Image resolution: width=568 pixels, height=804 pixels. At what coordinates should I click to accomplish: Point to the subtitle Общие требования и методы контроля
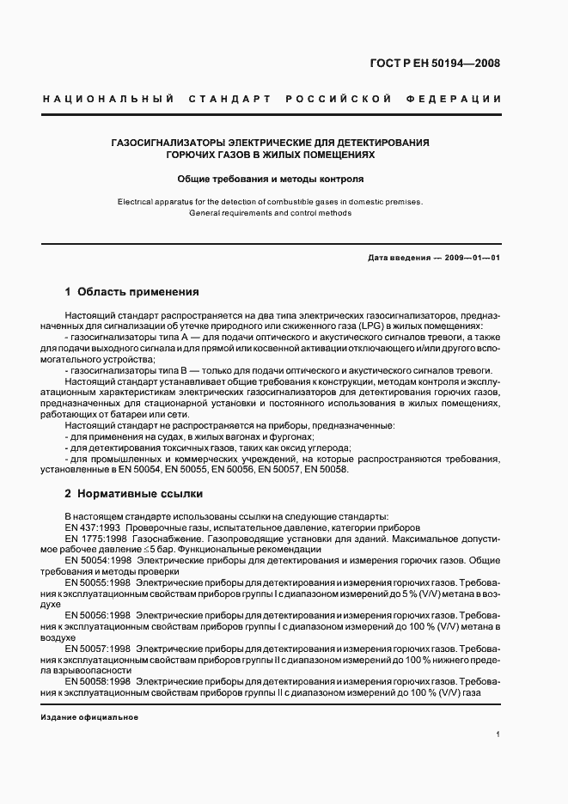click(x=271, y=180)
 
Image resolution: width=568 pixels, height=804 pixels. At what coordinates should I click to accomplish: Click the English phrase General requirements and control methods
click(x=271, y=212)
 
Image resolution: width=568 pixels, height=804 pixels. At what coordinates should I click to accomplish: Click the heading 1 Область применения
click(x=131, y=292)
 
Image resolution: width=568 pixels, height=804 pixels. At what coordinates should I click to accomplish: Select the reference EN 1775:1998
click(x=96, y=538)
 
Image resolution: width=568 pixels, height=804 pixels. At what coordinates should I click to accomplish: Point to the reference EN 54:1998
click(x=96, y=560)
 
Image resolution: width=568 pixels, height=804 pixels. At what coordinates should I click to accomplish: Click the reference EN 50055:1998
click(x=97, y=582)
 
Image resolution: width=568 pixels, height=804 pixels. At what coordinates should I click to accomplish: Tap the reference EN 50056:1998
click(x=97, y=616)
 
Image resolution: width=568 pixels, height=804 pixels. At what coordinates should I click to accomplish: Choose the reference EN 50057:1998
click(x=97, y=649)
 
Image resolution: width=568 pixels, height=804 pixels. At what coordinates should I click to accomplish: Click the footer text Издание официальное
click(x=89, y=716)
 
